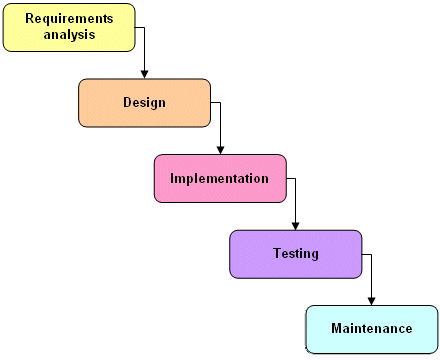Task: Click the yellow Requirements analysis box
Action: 68,27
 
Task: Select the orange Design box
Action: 144,102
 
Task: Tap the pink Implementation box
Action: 220,178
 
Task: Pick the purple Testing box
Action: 295,254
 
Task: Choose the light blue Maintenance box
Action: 371,329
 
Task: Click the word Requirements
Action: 69,19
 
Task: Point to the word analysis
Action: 69,35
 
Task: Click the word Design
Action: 144,102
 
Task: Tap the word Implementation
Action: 220,178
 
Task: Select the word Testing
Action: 296,253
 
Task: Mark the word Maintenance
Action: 372,328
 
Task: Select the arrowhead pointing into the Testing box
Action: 296,225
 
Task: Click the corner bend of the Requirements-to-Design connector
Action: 145,27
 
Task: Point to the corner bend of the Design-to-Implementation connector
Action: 220,102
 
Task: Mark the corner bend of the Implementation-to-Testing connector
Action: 296,178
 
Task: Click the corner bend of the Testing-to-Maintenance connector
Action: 372,254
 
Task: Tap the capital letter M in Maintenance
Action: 337,328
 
